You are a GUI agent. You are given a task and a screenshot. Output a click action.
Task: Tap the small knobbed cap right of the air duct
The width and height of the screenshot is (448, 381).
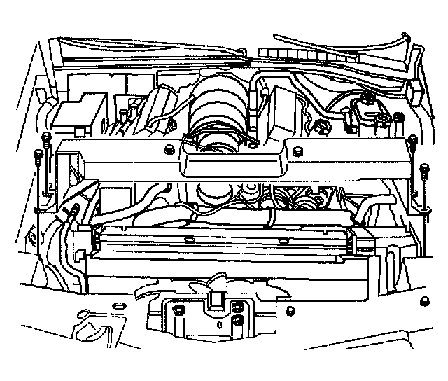pos(323,129)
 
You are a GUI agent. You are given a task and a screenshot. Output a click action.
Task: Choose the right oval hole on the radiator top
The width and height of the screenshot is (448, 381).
pos(281,241)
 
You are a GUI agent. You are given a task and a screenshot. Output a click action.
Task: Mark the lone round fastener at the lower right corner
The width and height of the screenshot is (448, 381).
pos(424,302)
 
